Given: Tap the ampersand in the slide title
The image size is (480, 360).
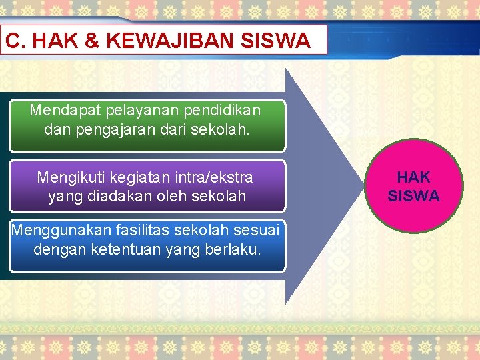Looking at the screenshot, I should [x=93, y=41].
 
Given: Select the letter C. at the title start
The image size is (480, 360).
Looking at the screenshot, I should [x=15, y=41].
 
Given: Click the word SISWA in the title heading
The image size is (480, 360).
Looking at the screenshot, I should [x=281, y=41].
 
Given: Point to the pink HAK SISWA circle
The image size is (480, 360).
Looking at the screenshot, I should [x=413, y=186].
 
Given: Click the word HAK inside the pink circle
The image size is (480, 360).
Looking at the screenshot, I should [x=414, y=177].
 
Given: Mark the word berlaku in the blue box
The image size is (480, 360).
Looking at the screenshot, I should [x=237, y=250].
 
